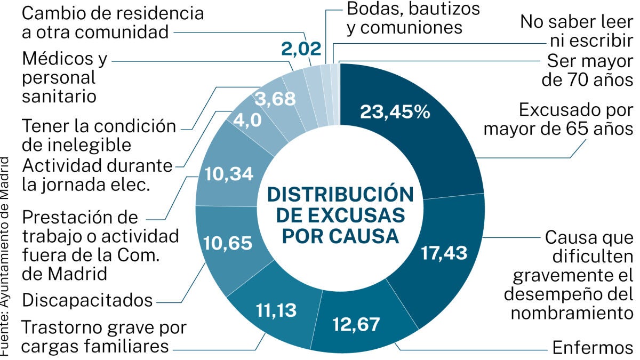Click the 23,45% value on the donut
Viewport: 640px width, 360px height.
[395, 111]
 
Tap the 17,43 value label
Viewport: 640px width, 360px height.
[444, 252]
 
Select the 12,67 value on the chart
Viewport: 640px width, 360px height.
[355, 323]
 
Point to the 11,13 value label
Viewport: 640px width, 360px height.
[276, 309]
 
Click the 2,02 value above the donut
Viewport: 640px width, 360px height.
[302, 49]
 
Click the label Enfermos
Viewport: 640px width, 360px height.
[593, 348]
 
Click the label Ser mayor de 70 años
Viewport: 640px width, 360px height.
[587, 70]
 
